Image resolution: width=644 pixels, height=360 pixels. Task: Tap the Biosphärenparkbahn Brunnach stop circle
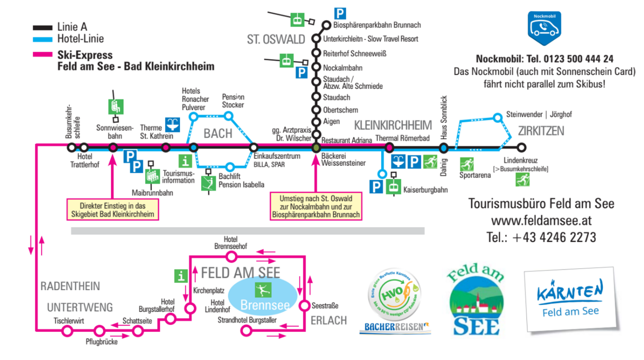[x=326, y=25]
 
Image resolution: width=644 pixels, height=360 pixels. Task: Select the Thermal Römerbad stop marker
[x=390, y=148]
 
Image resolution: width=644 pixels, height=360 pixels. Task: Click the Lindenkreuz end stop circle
[x=522, y=148]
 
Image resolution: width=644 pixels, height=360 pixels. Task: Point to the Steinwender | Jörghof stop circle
[x=497, y=117]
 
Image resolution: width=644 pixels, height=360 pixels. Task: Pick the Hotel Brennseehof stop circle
[x=231, y=257]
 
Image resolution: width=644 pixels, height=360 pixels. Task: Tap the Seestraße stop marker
[x=304, y=305]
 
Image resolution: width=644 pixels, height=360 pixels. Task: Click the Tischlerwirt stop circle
[x=67, y=331]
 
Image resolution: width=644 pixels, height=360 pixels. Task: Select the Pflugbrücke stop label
[x=101, y=342]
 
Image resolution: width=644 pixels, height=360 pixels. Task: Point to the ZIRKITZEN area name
[x=541, y=131]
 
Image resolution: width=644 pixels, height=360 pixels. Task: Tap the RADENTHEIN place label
[x=70, y=286]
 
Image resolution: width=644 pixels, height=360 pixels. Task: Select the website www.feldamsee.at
[x=541, y=220]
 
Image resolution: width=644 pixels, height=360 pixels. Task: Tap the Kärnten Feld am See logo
[x=569, y=300]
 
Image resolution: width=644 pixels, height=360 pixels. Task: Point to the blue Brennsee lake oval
[x=264, y=296]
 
